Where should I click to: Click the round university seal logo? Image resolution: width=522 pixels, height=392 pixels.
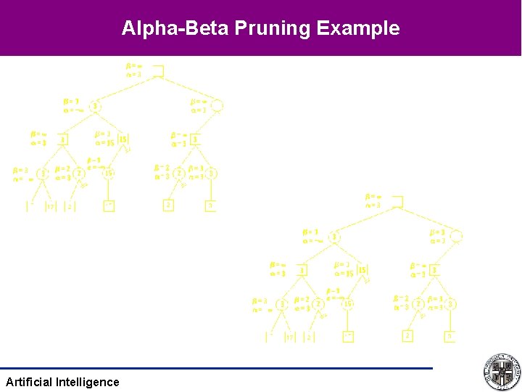[x=501, y=372]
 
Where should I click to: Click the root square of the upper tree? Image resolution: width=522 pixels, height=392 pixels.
[x=158, y=70]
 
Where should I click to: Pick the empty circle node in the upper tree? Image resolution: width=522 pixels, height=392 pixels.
[x=217, y=106]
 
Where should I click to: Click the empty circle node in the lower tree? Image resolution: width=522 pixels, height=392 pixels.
[x=456, y=236]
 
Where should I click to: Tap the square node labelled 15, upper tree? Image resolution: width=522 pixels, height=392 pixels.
[x=123, y=139]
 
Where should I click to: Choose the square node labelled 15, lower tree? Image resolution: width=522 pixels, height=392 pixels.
[x=362, y=269]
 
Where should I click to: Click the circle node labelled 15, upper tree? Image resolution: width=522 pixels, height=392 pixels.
[x=109, y=173]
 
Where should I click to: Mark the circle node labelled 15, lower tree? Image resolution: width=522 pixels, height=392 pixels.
[x=348, y=303]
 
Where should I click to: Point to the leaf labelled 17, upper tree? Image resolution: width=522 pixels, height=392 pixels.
[x=50, y=206]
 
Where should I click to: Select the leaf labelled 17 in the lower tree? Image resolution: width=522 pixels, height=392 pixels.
[x=289, y=336]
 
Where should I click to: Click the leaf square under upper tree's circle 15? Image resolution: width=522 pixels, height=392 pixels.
[x=109, y=205]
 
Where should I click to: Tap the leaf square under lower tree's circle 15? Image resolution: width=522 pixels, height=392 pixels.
[x=348, y=335]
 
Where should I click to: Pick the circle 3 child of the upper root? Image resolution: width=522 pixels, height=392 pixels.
[x=95, y=107]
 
